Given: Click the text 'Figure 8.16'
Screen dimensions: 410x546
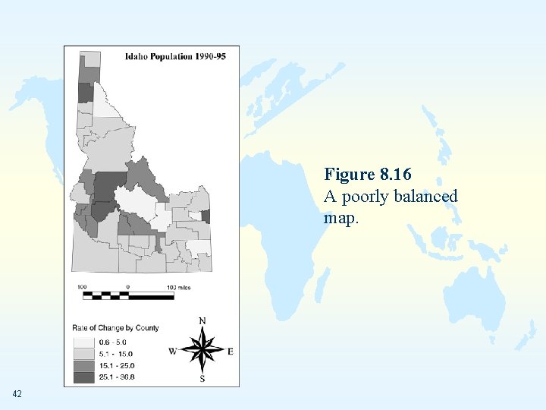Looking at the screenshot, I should [x=367, y=175].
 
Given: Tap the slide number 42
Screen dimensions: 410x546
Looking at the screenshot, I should [x=17, y=394].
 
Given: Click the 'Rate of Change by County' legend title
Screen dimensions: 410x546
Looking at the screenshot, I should [x=115, y=328].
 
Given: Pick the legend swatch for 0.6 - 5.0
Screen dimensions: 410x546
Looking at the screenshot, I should [x=84, y=342].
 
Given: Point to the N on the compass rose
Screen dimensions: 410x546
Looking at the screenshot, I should [x=202, y=321].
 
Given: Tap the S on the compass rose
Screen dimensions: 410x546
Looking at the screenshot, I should [x=202, y=378].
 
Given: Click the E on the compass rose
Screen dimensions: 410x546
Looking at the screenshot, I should [x=231, y=351].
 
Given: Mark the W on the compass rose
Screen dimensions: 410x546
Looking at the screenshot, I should [x=173, y=351].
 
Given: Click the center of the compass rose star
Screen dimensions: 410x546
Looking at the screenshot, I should [x=202, y=350].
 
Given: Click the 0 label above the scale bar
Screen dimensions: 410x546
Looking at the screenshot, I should [x=127, y=287].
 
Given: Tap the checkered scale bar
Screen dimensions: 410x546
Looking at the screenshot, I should [x=125, y=295].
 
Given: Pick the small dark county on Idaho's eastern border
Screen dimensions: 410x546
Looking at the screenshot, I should [x=206, y=216].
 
